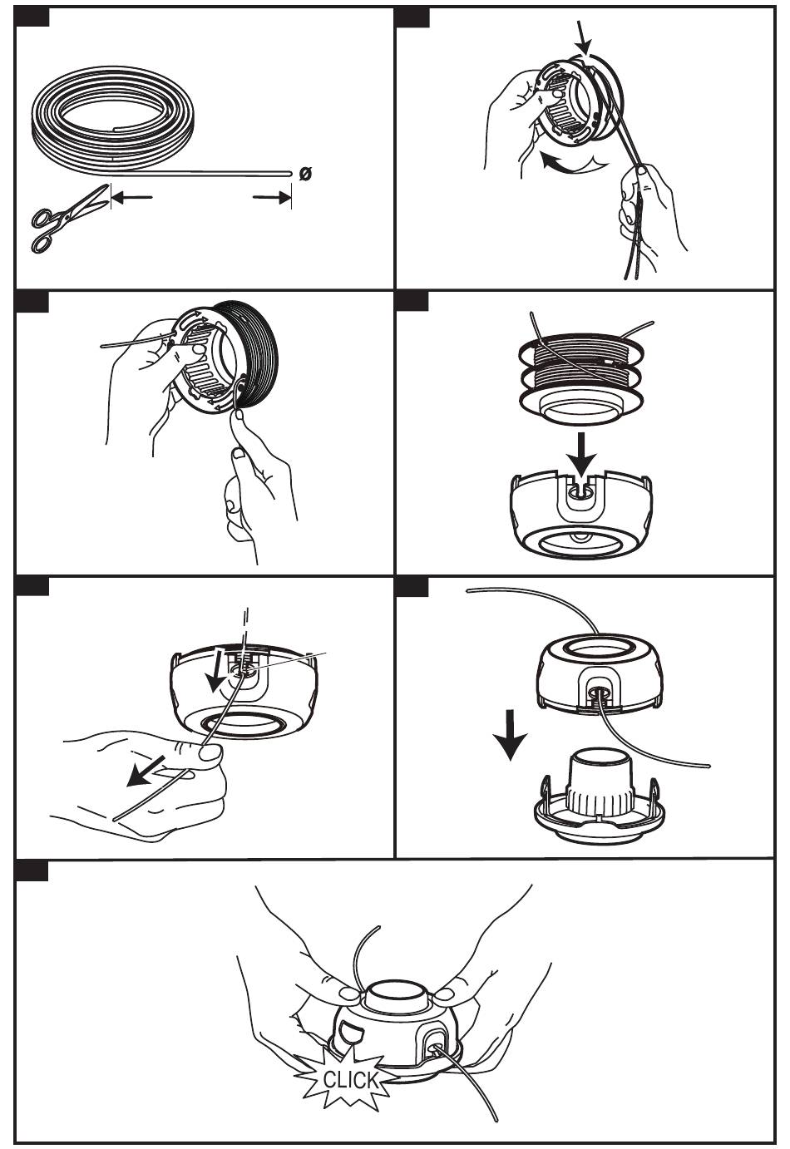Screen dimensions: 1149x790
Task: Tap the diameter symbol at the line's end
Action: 305,173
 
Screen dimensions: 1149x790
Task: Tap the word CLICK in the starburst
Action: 349,1080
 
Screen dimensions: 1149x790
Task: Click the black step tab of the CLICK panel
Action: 32,870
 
